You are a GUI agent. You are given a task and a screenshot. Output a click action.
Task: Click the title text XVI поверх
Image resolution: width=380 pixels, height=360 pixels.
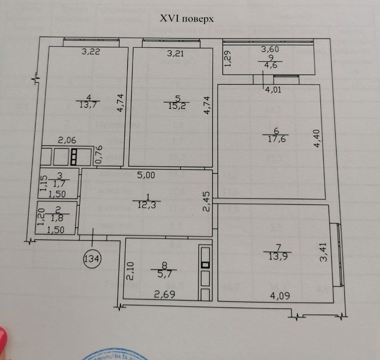[x=187, y=19]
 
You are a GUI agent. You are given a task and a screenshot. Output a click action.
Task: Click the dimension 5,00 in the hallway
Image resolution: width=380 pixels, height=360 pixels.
[x=146, y=175]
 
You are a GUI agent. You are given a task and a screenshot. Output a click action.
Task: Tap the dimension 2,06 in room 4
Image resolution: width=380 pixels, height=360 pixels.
[x=67, y=139]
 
